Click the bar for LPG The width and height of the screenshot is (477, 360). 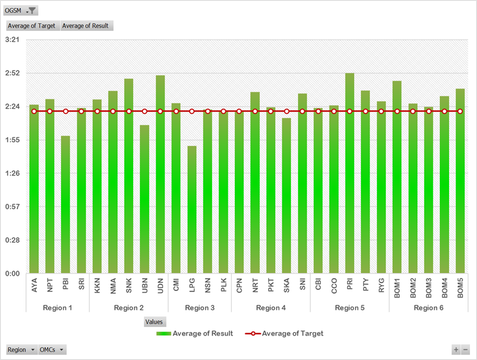pos(192,209)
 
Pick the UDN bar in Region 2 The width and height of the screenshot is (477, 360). pos(160,174)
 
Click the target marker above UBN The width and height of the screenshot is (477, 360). pos(145,111)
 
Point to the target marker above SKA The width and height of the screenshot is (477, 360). pos(286,111)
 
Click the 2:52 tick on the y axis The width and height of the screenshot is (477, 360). pos(12,73)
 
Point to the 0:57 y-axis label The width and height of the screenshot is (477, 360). pos(12,207)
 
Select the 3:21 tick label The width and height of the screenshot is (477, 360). pos(12,40)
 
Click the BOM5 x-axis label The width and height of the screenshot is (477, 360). pos(460,289)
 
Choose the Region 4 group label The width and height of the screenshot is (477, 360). pos(271,308)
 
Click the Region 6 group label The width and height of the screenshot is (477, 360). pos(429,308)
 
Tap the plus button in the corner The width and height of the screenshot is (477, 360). pos(456,350)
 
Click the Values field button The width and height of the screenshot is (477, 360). pos(155,322)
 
